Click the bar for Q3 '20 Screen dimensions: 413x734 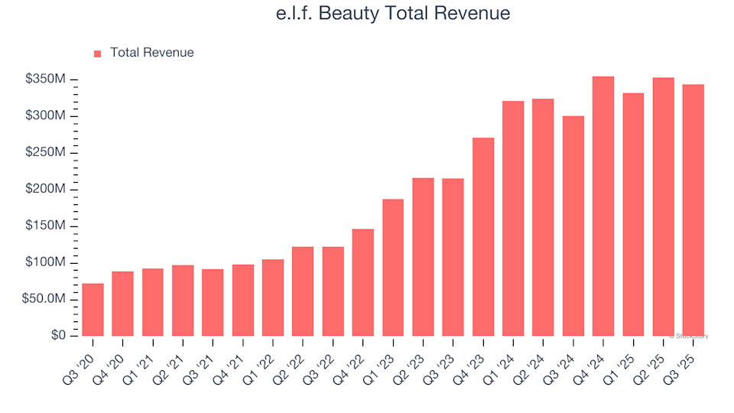click(x=93, y=310)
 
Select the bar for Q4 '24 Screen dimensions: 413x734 click(x=603, y=206)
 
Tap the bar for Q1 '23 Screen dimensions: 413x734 click(x=393, y=268)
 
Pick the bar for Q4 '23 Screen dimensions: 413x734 click(x=483, y=237)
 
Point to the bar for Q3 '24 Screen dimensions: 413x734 click(x=573, y=226)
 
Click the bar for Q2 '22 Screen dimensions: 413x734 click(x=303, y=291)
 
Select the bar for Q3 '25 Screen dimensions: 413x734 click(x=693, y=210)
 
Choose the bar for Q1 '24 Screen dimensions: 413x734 click(x=513, y=219)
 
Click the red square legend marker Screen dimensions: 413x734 click(x=98, y=54)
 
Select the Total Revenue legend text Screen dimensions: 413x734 click(x=151, y=53)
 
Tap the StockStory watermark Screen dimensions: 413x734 click(x=689, y=336)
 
